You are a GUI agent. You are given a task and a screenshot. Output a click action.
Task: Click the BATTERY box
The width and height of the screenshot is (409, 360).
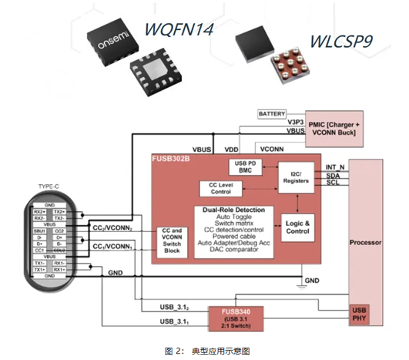pyautogui.click(x=272, y=113)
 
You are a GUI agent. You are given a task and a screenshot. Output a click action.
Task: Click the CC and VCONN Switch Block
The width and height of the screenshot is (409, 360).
pyautogui.click(x=172, y=240)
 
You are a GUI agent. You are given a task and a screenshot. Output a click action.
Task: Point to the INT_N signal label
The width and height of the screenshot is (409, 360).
pyautogui.click(x=337, y=166)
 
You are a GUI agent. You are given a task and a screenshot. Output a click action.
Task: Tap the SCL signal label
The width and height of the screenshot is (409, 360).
pyautogui.click(x=334, y=183)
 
